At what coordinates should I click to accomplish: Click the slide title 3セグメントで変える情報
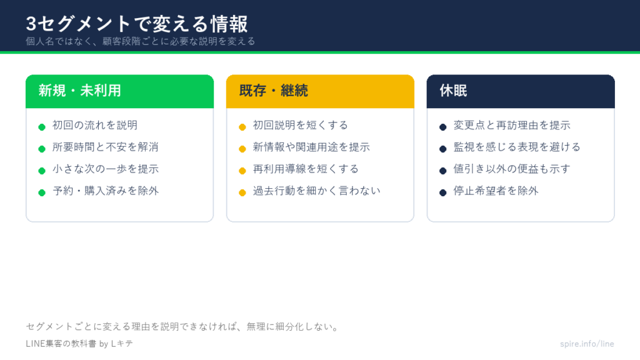pos(137,24)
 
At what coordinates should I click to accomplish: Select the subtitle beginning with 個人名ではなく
pos(141,41)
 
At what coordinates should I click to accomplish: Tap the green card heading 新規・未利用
pos(79,91)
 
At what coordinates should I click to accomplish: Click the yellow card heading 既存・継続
pos(274,91)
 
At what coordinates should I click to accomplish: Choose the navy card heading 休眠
pos(453,91)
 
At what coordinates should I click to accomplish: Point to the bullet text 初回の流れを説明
pos(95,125)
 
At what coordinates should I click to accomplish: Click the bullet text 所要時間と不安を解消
pos(105,147)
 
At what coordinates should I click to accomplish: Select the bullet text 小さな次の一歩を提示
pos(105,169)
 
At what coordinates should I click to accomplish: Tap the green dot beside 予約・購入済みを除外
pos(42,192)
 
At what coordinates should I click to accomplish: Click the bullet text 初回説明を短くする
pos(301,125)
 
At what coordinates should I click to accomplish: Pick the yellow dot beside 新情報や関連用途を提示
pos(242,149)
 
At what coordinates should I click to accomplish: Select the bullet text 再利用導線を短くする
pos(306,169)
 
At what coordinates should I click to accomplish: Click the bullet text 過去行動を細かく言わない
pos(317,191)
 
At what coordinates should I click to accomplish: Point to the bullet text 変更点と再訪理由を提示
pos(512,125)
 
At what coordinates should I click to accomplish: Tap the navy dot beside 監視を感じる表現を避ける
pos(443,149)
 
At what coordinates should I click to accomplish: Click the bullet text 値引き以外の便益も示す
pos(512,169)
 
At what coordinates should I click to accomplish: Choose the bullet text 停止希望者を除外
pos(496,191)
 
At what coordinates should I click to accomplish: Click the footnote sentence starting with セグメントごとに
pos(182,326)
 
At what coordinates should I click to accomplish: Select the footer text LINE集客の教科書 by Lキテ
pos(79,344)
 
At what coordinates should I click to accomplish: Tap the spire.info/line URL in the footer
pos(587,344)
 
